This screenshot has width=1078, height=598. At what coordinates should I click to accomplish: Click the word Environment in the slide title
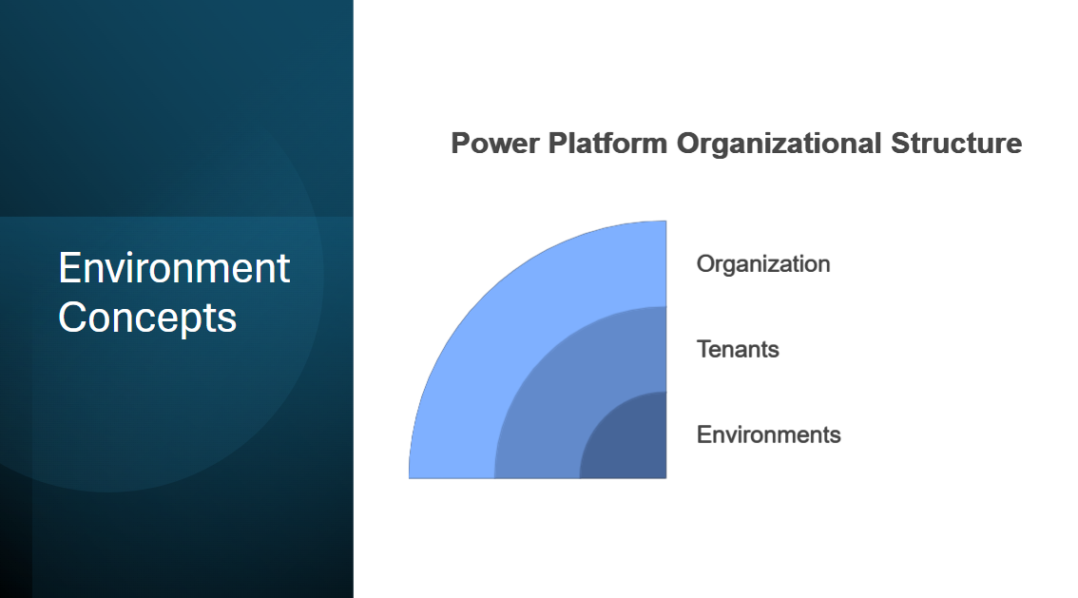pyautogui.click(x=174, y=267)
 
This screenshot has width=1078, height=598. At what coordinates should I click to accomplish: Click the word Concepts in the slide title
pyautogui.click(x=147, y=318)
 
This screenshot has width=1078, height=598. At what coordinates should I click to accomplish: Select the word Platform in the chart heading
pyautogui.click(x=607, y=144)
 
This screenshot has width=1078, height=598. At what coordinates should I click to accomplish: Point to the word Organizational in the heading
pyautogui.click(x=779, y=144)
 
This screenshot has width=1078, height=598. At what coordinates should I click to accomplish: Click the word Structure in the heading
pyautogui.click(x=956, y=144)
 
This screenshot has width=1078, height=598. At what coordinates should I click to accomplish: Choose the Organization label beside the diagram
pyautogui.click(x=763, y=264)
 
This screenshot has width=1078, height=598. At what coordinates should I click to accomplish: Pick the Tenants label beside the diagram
pyautogui.click(x=738, y=349)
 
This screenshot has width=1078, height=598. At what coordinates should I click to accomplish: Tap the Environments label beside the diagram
pyautogui.click(x=769, y=434)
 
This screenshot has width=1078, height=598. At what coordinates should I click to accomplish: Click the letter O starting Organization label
pyautogui.click(x=705, y=264)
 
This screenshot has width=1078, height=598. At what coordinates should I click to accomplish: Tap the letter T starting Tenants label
pyautogui.click(x=704, y=349)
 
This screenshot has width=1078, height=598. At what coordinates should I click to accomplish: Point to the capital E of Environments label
pyautogui.click(x=704, y=434)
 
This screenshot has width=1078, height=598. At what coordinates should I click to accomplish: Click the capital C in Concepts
pyautogui.click(x=74, y=318)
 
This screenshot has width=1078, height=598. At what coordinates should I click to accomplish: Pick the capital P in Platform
pyautogui.click(x=558, y=144)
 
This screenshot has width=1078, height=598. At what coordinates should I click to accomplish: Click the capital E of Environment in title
pyautogui.click(x=70, y=267)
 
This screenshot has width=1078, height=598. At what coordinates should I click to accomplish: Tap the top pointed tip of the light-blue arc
pyautogui.click(x=665, y=222)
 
